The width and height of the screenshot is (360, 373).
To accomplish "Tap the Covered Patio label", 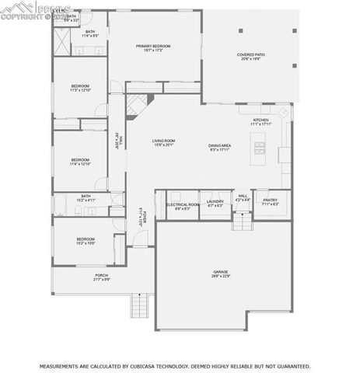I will [x=252, y=55].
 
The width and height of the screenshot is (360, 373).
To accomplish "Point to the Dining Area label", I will [x=219, y=146].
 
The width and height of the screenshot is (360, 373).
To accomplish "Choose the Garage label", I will [x=221, y=272].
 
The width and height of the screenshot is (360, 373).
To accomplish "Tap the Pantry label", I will [x=270, y=200].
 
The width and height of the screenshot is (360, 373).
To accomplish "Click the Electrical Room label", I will [x=183, y=205].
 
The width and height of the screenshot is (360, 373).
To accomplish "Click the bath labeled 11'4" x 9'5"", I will [x=90, y=33].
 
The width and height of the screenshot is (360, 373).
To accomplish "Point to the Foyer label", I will [x=142, y=214].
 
